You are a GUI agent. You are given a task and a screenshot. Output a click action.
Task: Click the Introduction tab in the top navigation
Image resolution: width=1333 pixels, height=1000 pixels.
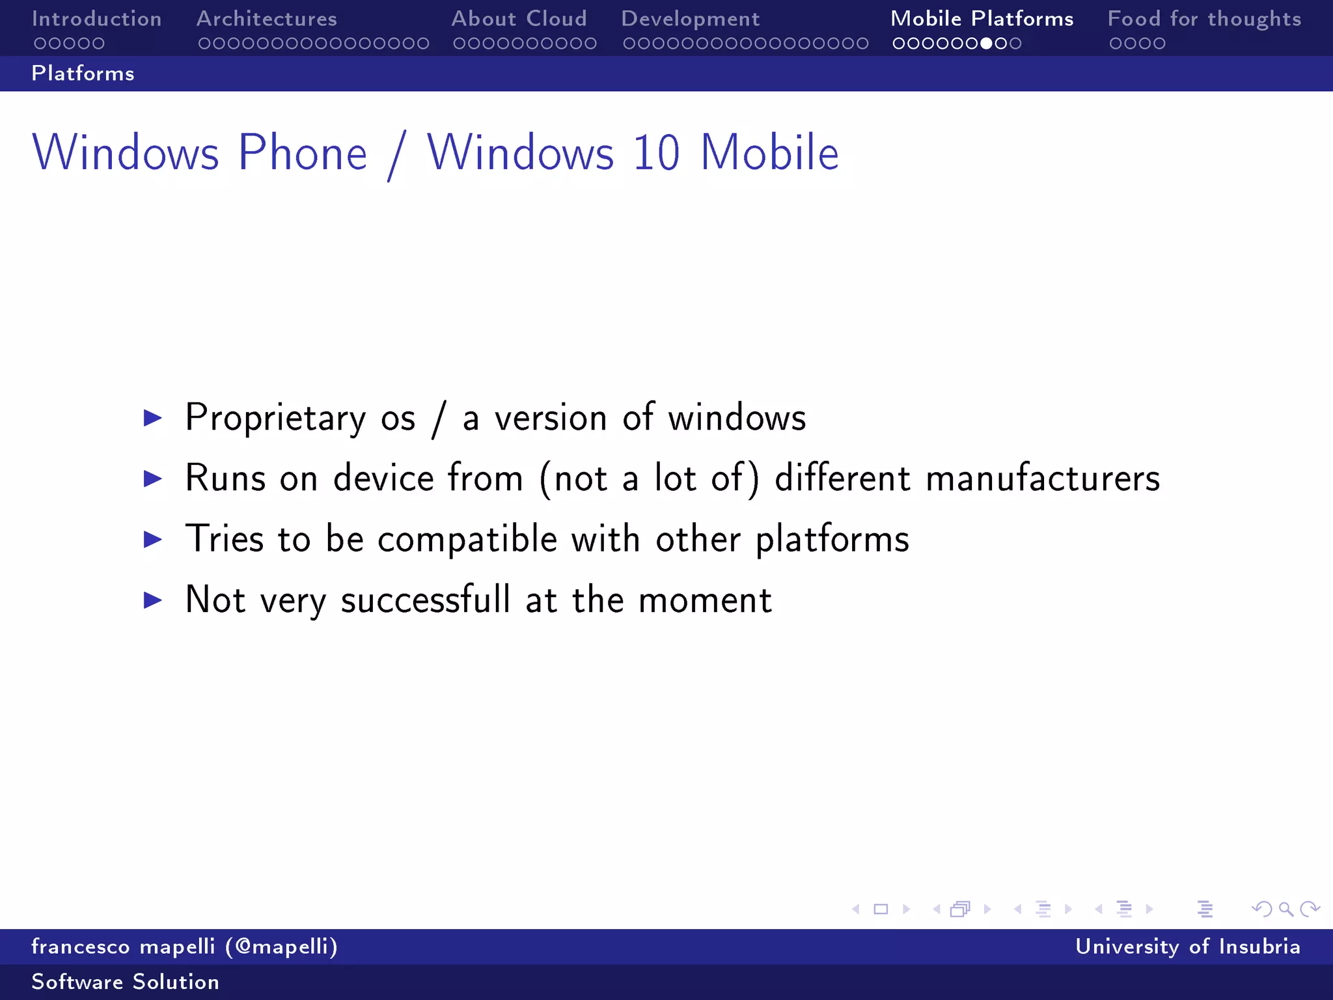tap(96, 19)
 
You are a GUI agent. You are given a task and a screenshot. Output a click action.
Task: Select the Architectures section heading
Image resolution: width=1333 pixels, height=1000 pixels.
tap(266, 19)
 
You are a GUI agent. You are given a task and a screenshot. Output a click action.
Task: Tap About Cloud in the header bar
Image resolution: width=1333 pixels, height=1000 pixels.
tap(519, 19)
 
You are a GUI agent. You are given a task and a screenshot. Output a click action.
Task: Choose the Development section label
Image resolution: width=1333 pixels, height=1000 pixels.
tap(690, 19)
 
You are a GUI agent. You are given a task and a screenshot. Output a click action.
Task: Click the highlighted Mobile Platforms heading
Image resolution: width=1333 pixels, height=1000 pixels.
tap(982, 19)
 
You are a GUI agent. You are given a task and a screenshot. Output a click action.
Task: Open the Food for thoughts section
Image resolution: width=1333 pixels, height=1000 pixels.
tap(1204, 19)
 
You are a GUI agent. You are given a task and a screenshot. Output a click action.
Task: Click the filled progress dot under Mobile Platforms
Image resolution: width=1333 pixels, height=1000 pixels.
tap(986, 44)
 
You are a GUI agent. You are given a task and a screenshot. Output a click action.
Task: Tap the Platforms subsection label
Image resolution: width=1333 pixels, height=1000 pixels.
tap(83, 74)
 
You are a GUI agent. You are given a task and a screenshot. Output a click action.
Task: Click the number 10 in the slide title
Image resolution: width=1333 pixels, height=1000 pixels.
tap(656, 154)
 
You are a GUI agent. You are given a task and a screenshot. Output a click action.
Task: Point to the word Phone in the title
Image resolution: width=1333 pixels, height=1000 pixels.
tap(303, 154)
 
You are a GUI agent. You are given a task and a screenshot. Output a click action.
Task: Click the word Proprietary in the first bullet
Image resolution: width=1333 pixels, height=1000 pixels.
tap(275, 418)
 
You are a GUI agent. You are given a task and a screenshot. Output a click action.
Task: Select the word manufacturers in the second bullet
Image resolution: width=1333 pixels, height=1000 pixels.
tap(1043, 479)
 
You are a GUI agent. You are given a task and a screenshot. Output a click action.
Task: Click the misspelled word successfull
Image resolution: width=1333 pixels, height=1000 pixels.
tap(426, 600)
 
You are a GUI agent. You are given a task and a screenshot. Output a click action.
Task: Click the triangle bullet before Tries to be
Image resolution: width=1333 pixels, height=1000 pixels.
tap(152, 539)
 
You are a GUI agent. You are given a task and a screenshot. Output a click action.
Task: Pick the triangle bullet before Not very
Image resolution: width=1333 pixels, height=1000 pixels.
tap(152, 600)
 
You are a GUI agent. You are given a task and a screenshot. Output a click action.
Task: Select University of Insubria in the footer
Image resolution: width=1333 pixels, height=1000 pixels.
tap(1187, 947)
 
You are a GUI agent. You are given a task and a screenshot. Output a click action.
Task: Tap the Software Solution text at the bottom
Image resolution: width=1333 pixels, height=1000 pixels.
tap(125, 982)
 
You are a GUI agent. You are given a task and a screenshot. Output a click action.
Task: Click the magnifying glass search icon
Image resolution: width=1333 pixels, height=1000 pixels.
tap(1285, 909)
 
